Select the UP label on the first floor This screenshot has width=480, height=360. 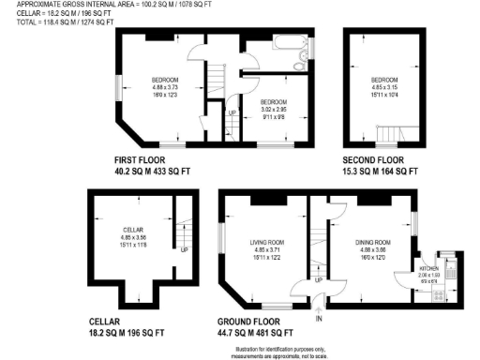(x=232, y=114)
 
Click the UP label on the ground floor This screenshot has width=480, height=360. (x=319, y=279)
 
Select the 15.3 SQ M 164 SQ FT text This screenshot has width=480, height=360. (x=379, y=172)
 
